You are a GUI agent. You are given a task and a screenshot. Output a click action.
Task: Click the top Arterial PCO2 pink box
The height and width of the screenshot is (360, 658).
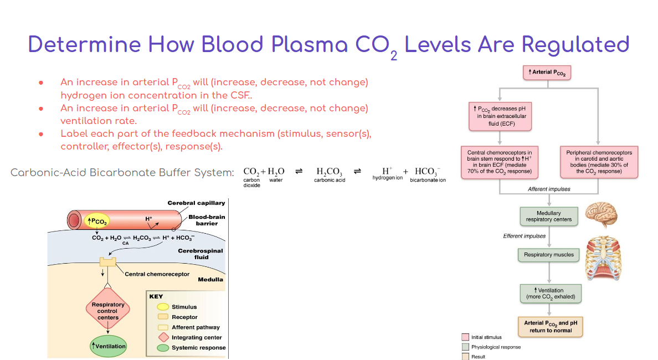547,73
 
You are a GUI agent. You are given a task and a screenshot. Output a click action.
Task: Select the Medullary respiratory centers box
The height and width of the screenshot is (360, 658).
548,216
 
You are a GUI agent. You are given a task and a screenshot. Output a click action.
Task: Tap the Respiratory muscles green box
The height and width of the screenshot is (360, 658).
548,255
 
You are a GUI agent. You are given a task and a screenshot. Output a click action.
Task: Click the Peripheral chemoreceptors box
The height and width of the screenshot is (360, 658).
599,162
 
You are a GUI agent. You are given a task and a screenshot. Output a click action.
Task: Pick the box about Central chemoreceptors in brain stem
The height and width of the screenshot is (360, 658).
499,162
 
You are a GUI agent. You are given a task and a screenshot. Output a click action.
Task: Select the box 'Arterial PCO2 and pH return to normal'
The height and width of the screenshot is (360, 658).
550,327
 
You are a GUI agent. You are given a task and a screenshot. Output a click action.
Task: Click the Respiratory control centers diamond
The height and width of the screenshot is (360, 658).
108,311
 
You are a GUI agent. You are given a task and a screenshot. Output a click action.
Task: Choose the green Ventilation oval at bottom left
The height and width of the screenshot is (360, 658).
109,346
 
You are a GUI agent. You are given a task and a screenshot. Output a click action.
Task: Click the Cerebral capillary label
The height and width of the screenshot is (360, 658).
196,203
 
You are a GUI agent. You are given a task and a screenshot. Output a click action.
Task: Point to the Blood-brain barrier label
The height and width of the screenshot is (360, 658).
206,220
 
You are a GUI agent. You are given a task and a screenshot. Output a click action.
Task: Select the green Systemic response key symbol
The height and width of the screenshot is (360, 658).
163,348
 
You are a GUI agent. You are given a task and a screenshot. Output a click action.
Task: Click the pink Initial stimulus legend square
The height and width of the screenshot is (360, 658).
465,337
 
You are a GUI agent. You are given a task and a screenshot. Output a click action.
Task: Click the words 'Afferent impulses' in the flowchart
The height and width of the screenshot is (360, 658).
549,189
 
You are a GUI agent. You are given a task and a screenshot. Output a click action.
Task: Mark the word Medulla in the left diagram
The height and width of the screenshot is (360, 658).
210,280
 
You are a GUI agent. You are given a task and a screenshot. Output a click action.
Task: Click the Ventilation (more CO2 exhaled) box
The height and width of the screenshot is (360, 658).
550,294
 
